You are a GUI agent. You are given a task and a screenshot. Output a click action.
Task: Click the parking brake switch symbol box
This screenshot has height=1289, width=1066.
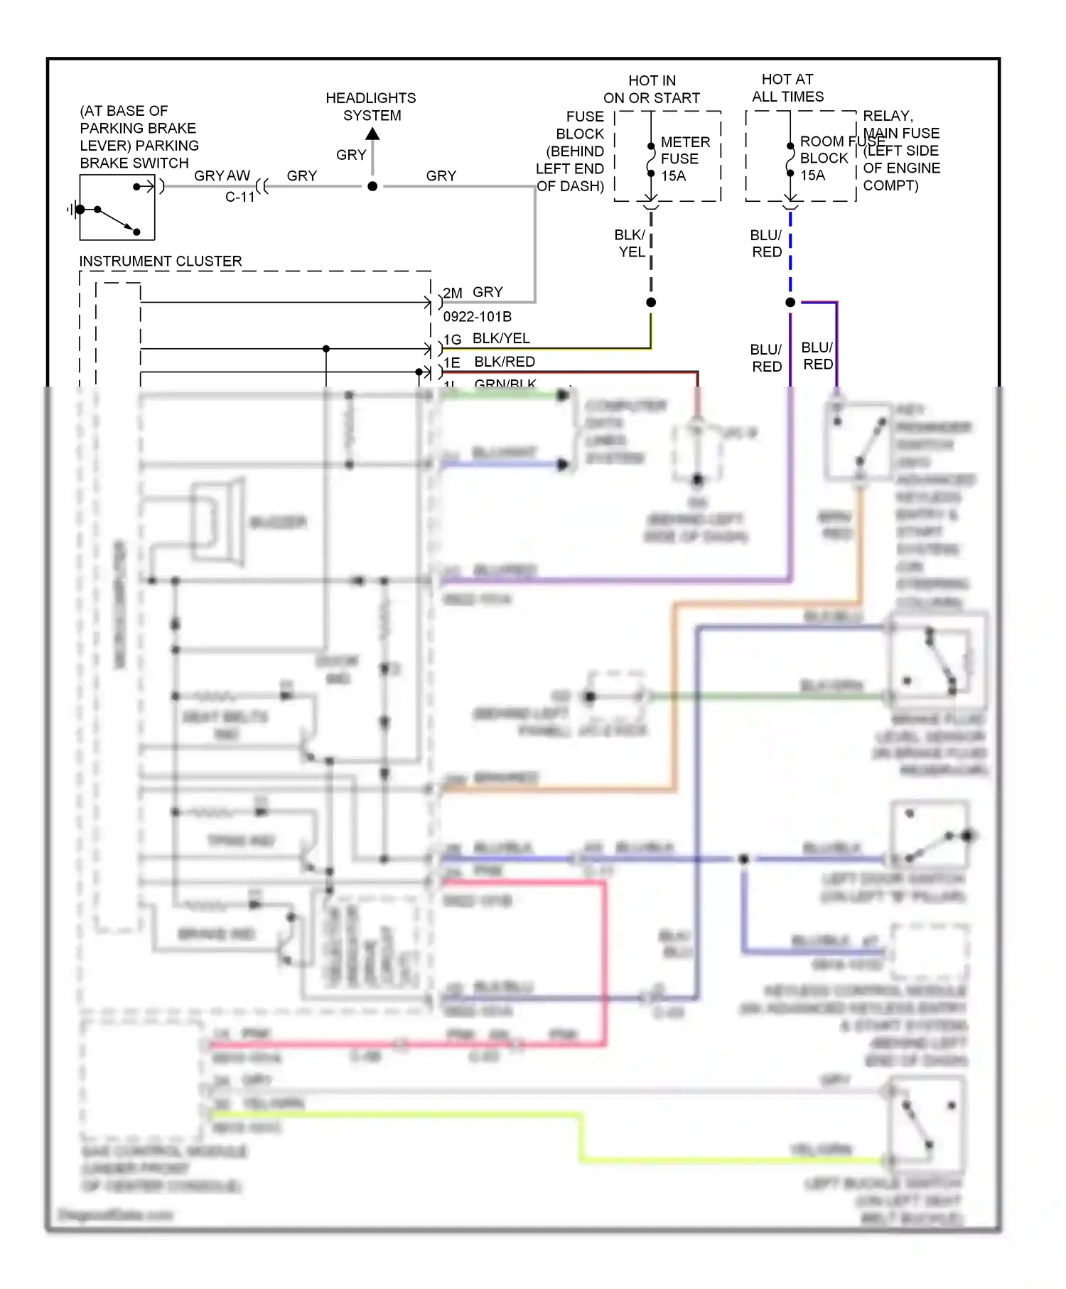tap(117, 207)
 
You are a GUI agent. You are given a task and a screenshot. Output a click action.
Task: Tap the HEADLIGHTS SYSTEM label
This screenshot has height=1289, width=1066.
tap(371, 107)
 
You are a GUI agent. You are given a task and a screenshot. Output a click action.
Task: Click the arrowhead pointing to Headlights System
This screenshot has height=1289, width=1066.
tap(372, 134)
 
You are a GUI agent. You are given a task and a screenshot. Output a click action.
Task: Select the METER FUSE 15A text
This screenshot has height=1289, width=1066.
tap(684, 159)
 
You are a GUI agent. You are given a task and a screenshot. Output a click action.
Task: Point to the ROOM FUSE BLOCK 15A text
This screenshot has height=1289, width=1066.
tap(824, 158)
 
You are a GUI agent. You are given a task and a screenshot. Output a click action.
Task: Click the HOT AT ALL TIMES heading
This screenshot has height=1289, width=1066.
tap(787, 88)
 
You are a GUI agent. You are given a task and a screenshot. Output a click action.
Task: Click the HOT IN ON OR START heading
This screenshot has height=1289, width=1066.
tap(652, 90)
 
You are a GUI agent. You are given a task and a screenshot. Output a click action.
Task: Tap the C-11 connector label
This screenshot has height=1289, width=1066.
tap(240, 197)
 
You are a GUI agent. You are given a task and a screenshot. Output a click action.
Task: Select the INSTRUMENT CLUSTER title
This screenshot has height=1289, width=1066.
tap(160, 261)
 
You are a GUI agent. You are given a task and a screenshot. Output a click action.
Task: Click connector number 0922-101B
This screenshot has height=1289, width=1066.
tap(477, 316)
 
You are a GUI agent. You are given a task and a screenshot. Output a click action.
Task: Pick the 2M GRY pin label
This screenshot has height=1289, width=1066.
tap(473, 292)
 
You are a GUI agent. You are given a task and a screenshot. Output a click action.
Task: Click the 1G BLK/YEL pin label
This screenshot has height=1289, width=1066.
tap(488, 339)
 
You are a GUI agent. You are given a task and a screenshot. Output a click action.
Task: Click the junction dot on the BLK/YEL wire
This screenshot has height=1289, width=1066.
tap(651, 302)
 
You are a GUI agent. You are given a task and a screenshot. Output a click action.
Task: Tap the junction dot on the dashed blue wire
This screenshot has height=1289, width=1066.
tap(790, 302)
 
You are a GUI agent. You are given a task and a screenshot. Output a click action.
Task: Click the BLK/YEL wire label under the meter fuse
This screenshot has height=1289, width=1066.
tap(630, 243)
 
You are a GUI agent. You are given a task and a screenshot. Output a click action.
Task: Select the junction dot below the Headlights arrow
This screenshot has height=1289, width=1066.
tap(372, 186)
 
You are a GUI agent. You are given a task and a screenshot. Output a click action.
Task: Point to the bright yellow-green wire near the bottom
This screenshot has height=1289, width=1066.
tap(398, 1115)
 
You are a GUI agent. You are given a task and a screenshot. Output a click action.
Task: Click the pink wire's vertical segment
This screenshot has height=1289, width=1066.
tap(605, 959)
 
